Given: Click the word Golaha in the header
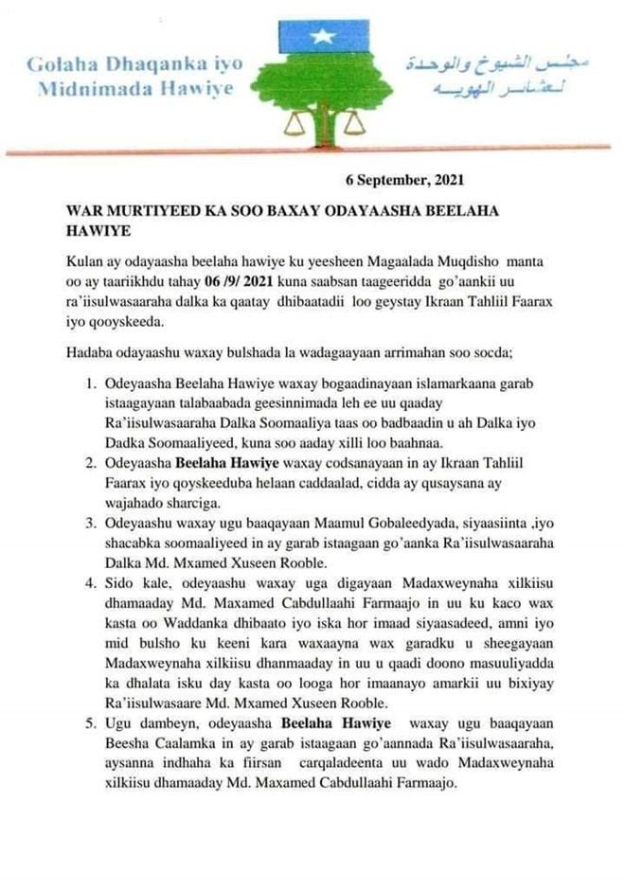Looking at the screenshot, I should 61,65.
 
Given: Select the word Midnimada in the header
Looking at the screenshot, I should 91,89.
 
